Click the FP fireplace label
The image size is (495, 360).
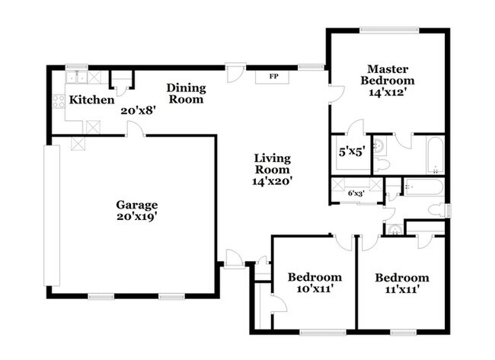(x=273, y=76)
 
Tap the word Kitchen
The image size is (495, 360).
(x=91, y=100)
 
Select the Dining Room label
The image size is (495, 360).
(x=186, y=94)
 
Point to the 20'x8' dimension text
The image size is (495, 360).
(x=139, y=110)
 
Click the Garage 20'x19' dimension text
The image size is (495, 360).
(x=137, y=216)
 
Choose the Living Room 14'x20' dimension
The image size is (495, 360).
(x=272, y=181)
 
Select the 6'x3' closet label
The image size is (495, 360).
(x=356, y=193)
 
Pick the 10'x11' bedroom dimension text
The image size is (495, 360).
(x=314, y=289)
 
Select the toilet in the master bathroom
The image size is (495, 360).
(x=381, y=164)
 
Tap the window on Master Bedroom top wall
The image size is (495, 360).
(x=389, y=30)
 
